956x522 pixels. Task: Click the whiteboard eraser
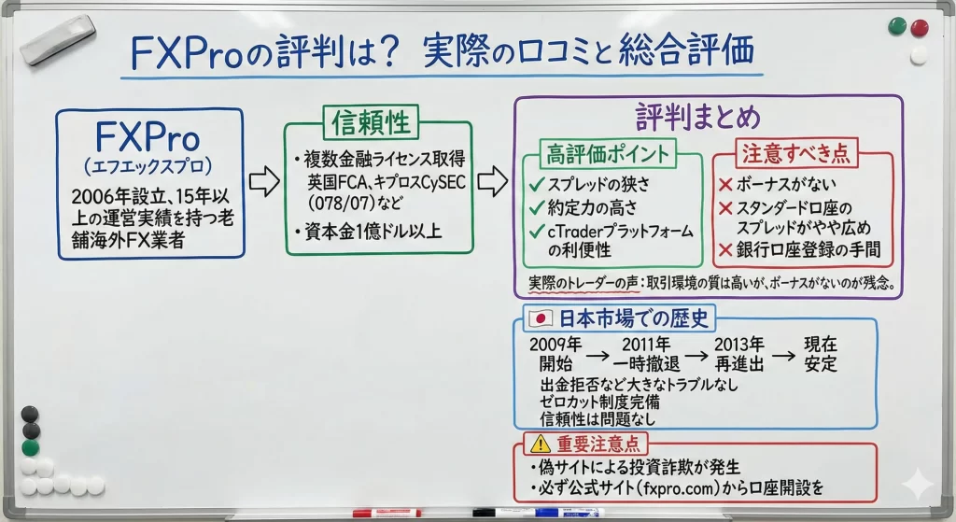pyautogui.click(x=58, y=38)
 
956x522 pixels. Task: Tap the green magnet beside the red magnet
pyautogui.click(x=897, y=26)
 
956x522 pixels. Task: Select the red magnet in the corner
pyautogui.click(x=919, y=27)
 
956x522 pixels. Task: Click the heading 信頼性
pyautogui.click(x=370, y=122)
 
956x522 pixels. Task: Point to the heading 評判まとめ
pyautogui.click(x=698, y=116)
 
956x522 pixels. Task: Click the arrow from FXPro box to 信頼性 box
pyautogui.click(x=264, y=181)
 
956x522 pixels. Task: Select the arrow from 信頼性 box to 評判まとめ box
pyautogui.click(x=493, y=180)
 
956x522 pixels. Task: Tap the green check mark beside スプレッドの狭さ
pyautogui.click(x=537, y=184)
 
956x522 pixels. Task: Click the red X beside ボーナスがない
pyautogui.click(x=725, y=184)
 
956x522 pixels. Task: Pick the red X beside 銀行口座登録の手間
pyautogui.click(x=725, y=249)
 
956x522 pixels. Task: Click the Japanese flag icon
pyautogui.click(x=540, y=318)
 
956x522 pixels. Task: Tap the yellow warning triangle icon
pyautogui.click(x=541, y=444)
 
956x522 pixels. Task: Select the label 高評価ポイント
pyautogui.click(x=607, y=154)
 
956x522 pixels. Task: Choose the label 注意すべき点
pyautogui.click(x=795, y=152)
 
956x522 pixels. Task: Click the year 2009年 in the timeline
pyautogui.click(x=555, y=344)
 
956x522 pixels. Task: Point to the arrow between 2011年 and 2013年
pyautogui.click(x=696, y=354)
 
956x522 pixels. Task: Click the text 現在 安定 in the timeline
pyautogui.click(x=820, y=354)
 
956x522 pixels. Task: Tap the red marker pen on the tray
pyautogui.click(x=387, y=513)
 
